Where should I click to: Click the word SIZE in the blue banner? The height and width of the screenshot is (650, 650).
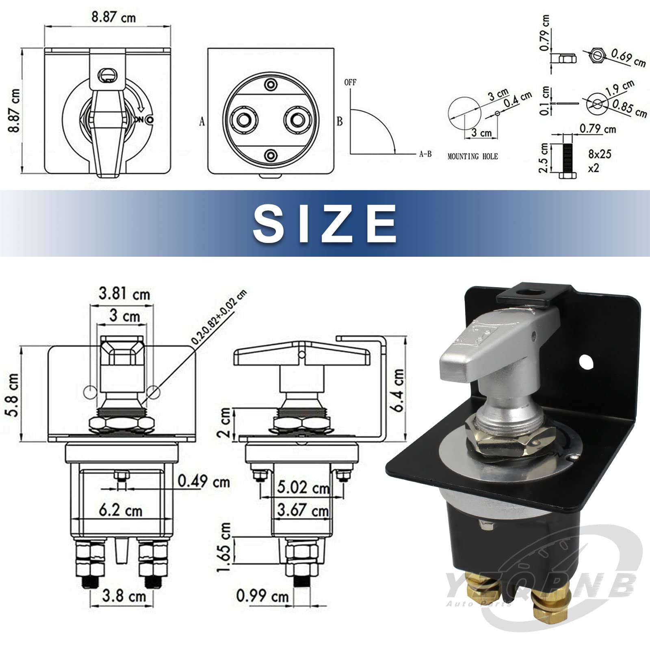pyautogui.click(x=325, y=224)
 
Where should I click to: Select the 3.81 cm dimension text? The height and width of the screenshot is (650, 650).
pyautogui.click(x=124, y=294)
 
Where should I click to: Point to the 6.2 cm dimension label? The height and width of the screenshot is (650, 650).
pyautogui.click(x=121, y=510)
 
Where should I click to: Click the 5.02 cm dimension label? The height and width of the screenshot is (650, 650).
pyautogui.click(x=303, y=487)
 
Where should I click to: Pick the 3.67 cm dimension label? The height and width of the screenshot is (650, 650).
pyautogui.click(x=303, y=509)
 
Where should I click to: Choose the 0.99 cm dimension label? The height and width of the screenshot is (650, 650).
pyautogui.click(x=262, y=596)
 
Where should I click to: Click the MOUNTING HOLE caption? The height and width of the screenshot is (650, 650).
pyautogui.click(x=472, y=156)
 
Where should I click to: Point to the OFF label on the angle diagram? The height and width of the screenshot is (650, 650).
pyautogui.click(x=350, y=82)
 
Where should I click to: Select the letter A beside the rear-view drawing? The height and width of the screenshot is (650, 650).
pyautogui.click(x=202, y=121)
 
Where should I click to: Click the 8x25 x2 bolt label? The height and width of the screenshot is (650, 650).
pyautogui.click(x=599, y=160)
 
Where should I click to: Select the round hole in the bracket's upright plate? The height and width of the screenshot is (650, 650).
pyautogui.click(x=585, y=360)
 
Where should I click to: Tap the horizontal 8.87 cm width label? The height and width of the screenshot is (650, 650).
pyautogui.click(x=113, y=17)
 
